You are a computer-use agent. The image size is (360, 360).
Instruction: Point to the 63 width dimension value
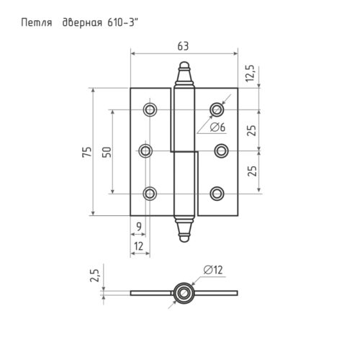(183, 46)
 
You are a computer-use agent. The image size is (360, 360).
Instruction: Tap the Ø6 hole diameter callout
(218, 127)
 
